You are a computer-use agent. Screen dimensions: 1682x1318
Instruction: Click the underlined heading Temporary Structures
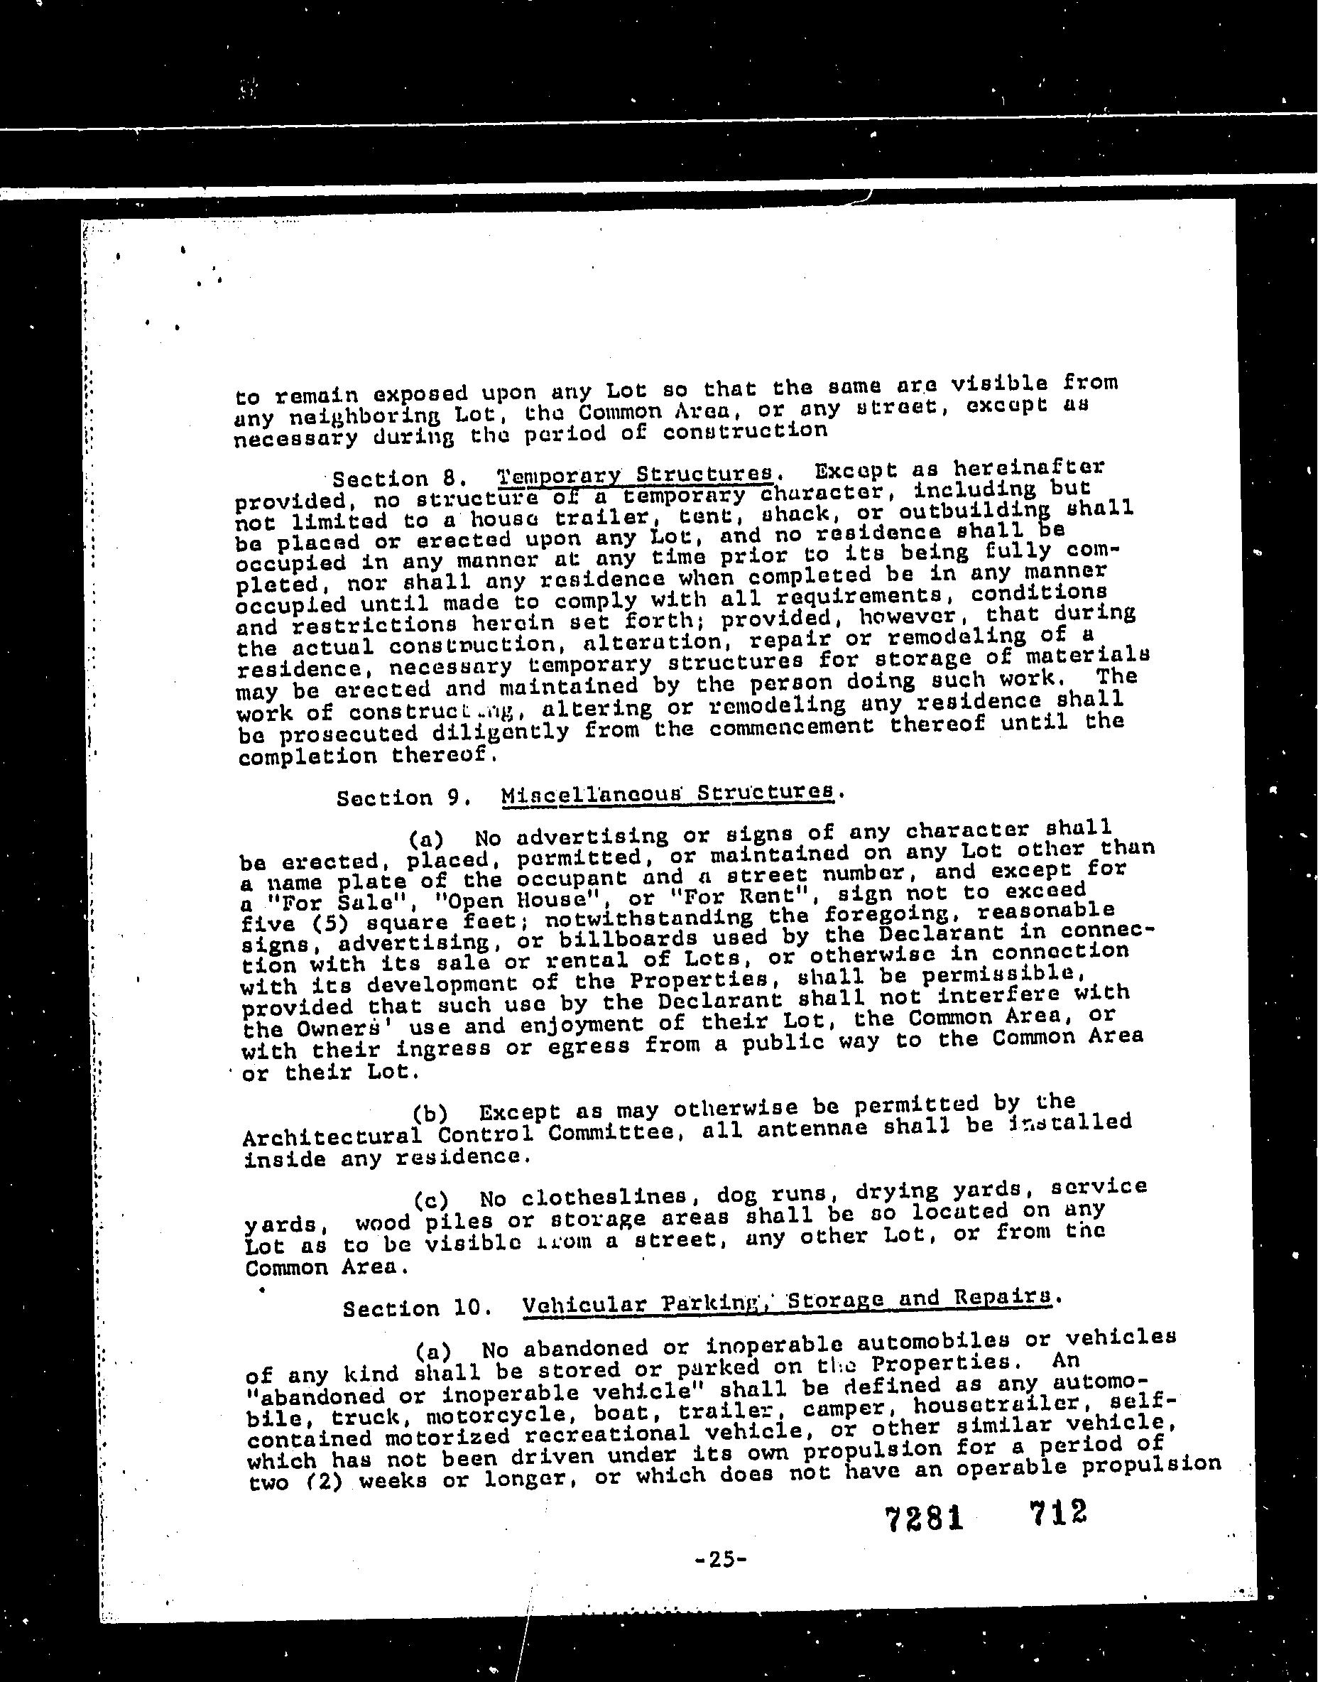635,473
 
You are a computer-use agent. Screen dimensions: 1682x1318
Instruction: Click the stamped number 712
1056,1511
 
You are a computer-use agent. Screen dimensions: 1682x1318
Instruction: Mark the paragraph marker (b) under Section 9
430,1114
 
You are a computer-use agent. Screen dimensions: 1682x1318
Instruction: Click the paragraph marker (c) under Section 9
430,1200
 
